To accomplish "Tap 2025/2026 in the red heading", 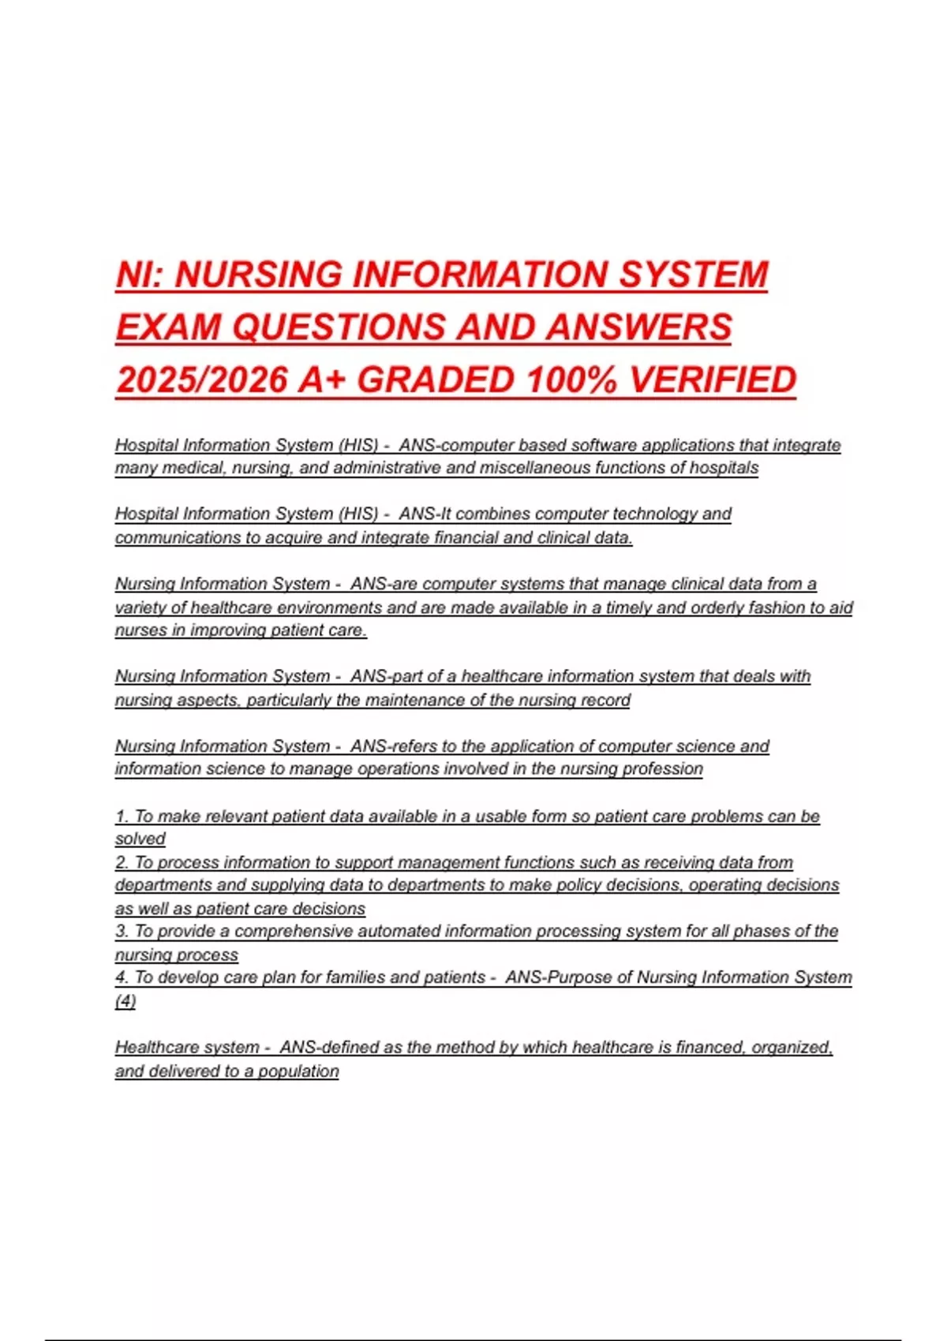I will pyautogui.click(x=201, y=380).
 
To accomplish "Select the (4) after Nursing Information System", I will pyautogui.click(x=125, y=1000).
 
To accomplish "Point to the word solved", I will pyautogui.click(x=140, y=839).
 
